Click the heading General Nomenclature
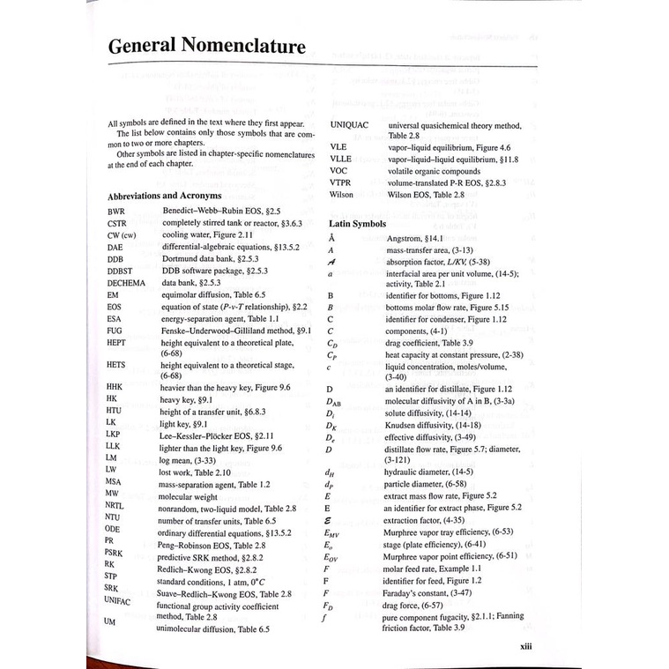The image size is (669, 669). [206, 47]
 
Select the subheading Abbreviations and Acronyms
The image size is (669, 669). [164, 195]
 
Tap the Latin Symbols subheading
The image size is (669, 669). [357, 224]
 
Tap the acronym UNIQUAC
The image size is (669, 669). [350, 126]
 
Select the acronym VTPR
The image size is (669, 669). [342, 182]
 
